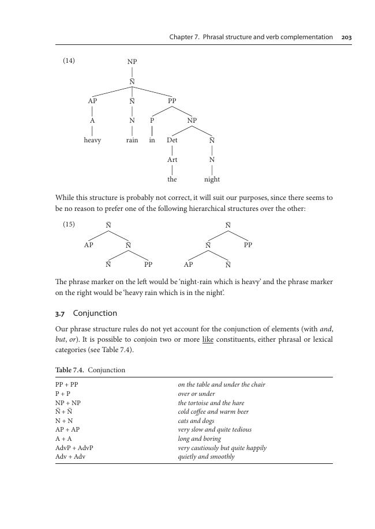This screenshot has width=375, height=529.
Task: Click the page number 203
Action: [x=346, y=37]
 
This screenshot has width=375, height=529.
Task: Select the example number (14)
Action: [x=69, y=61]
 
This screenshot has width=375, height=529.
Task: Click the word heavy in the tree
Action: [x=92, y=140]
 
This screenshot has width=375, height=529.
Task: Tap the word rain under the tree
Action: [x=132, y=140]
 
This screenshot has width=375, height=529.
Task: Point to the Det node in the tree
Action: [x=172, y=140]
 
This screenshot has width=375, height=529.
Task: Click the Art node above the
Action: [x=172, y=160]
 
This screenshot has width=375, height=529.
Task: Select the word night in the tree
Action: [x=212, y=179]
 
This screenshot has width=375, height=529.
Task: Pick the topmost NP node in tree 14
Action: [x=132, y=62]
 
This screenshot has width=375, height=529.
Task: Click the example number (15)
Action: [x=69, y=224]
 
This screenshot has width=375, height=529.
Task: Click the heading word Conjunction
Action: [x=95, y=313]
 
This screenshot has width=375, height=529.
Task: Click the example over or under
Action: [x=196, y=394]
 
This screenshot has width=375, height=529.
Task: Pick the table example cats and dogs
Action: [x=196, y=421]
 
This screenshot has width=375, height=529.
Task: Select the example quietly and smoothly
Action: [x=206, y=456]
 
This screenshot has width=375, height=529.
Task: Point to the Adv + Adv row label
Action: [x=70, y=456]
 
